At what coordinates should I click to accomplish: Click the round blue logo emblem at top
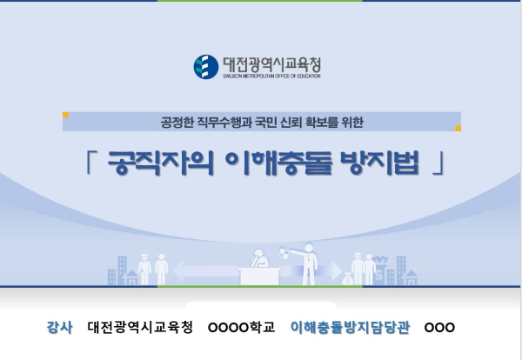206,66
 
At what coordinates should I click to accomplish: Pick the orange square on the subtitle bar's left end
66,114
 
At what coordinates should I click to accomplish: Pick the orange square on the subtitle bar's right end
458,128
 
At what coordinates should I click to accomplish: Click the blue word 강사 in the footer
60,328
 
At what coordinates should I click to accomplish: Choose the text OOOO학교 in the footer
241,328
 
